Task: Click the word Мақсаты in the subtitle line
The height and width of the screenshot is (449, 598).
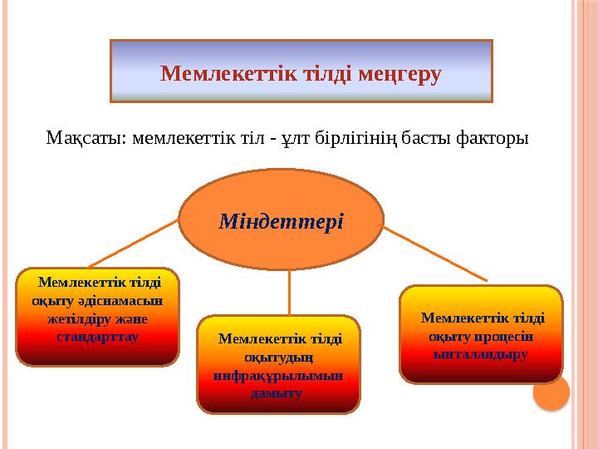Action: point(83,136)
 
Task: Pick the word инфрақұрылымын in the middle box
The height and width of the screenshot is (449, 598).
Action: point(279,375)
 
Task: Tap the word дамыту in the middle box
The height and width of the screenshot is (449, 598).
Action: point(277,392)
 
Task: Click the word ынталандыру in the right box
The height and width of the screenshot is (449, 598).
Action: point(481,353)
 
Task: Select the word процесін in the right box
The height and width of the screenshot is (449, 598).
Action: point(504,336)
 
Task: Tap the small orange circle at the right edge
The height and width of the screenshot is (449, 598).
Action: point(551,392)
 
